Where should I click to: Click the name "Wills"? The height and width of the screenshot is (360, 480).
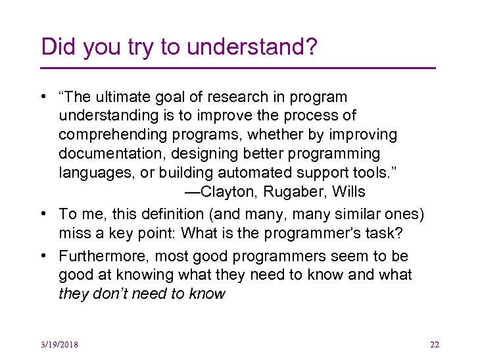(348, 192)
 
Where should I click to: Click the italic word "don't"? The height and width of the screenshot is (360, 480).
(114, 294)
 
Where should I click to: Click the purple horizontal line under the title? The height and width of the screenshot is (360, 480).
(238, 68)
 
